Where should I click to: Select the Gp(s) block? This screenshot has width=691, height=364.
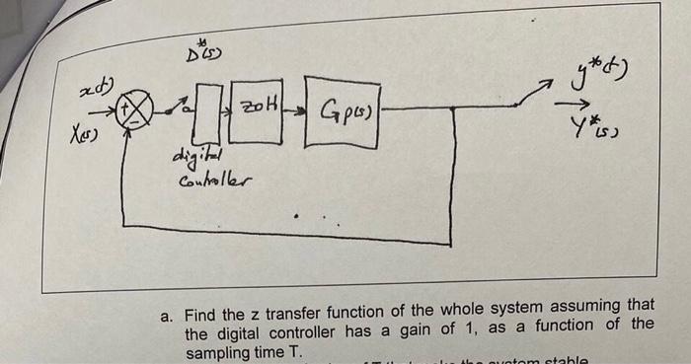[x=342, y=111]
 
